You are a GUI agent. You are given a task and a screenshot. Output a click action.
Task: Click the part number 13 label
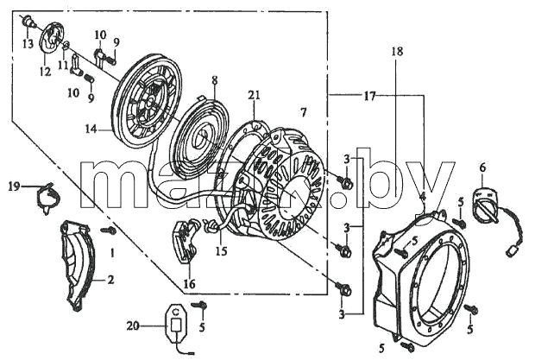[x=28, y=44]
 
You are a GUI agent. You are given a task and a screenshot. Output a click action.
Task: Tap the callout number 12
[x=46, y=72]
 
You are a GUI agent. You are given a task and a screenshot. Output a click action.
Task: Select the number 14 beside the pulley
[x=91, y=129]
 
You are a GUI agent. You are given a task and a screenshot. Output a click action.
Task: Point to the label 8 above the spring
[x=214, y=79]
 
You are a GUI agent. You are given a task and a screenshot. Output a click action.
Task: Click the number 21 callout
[x=255, y=95]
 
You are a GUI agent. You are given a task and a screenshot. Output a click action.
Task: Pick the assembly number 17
[x=369, y=96]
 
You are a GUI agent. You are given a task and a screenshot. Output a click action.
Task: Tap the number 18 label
[x=397, y=51]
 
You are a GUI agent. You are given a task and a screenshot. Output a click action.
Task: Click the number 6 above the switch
[x=482, y=167]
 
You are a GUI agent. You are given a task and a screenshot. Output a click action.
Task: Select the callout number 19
[x=15, y=186]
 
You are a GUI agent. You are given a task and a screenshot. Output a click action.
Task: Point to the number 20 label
[x=133, y=326]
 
